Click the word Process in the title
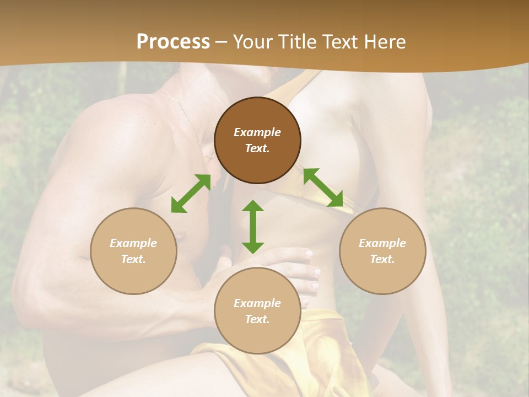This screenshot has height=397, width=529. [x=173, y=42]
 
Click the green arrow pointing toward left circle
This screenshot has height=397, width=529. [x=191, y=194]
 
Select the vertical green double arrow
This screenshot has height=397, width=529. [x=253, y=227]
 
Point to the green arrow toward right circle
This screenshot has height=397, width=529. [x=323, y=187]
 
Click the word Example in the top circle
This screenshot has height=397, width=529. [x=257, y=132]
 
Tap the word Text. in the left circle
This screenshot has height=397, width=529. [x=133, y=259]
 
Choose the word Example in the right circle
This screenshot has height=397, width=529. [x=382, y=243]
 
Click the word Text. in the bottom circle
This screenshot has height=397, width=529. [x=257, y=319]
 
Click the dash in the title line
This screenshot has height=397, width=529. [x=222, y=42]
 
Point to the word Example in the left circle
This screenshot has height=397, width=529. [x=133, y=243]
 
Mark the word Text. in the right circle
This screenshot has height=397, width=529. [x=382, y=259]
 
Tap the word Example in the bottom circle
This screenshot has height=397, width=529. [x=257, y=303]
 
